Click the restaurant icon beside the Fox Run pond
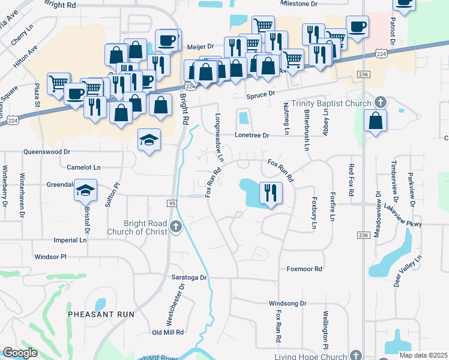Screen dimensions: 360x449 click(x=270, y=193)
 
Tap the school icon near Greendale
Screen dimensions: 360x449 click(x=85, y=191)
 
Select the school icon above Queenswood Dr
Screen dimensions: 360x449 click(x=149, y=140)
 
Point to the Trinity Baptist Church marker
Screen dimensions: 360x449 click(x=379, y=103)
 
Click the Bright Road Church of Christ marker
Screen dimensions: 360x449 click(x=175, y=226)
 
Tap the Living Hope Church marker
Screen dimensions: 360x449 click(x=355, y=355)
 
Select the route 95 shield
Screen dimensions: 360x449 click(x=172, y=204)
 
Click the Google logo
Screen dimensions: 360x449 click(x=20, y=353)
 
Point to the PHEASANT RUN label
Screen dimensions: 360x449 click(x=101, y=314)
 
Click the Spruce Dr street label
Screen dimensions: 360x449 click(x=259, y=94)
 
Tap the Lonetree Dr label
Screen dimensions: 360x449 click(x=252, y=136)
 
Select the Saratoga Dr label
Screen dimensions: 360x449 click(x=187, y=278)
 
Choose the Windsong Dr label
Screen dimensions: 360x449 click(x=288, y=304)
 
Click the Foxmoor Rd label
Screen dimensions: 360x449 click(x=304, y=269)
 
